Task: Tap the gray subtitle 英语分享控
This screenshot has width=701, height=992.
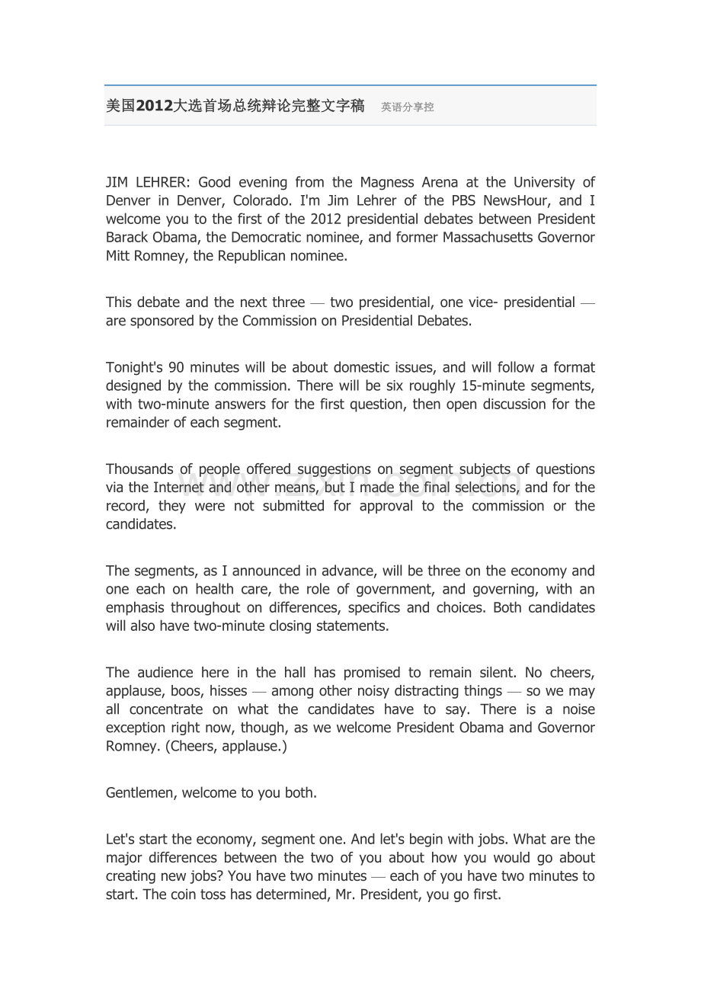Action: pyautogui.click(x=408, y=107)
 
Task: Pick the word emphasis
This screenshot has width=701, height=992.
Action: pyautogui.click(x=135, y=608)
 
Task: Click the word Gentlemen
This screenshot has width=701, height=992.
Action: pyautogui.click(x=139, y=793)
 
